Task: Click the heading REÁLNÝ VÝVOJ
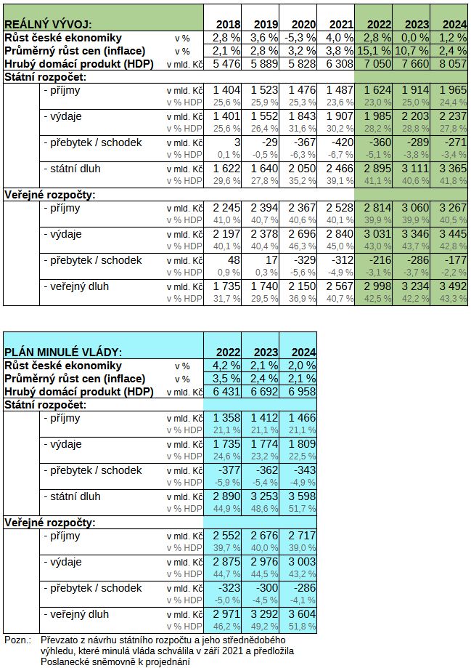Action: pos(48,25)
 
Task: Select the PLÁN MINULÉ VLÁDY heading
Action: pos(63,353)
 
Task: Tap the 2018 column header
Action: pos(228,25)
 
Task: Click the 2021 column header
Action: pos(341,25)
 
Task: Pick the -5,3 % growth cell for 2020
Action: pos(300,38)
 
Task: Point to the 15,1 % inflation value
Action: pos(374,51)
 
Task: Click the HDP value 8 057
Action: pos(453,64)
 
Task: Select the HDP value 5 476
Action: pos(226,64)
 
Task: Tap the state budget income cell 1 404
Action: pos(226,90)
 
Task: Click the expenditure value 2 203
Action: pos(415,116)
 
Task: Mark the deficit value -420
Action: pos(342,142)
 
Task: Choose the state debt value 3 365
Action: pos(453,169)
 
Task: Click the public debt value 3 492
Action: pos(453,286)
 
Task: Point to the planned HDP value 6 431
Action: pos(226,392)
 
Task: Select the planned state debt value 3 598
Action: pos(302,496)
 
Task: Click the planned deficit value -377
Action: pos(229,470)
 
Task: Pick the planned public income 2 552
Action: pos(226,536)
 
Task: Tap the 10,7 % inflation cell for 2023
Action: pos(412,51)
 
